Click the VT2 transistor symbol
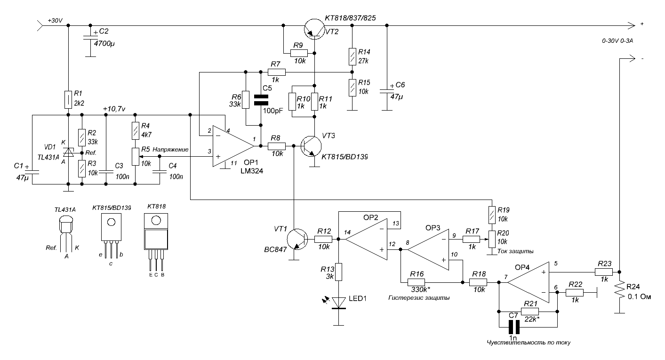(x=314, y=29)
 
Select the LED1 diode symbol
(x=338, y=303)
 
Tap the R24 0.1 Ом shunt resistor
(x=619, y=290)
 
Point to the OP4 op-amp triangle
(x=529, y=282)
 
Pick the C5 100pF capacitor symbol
(x=261, y=100)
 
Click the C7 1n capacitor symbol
(x=514, y=327)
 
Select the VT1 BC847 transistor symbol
(x=297, y=239)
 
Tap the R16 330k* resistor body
(x=416, y=282)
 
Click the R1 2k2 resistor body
(x=68, y=100)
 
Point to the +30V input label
(x=55, y=21)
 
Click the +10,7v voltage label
(x=114, y=109)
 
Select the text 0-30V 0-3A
(x=617, y=41)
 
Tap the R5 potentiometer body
(x=136, y=157)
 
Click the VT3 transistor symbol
(x=311, y=146)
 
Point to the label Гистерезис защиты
(x=419, y=298)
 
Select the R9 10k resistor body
(x=299, y=53)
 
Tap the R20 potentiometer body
(x=492, y=239)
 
